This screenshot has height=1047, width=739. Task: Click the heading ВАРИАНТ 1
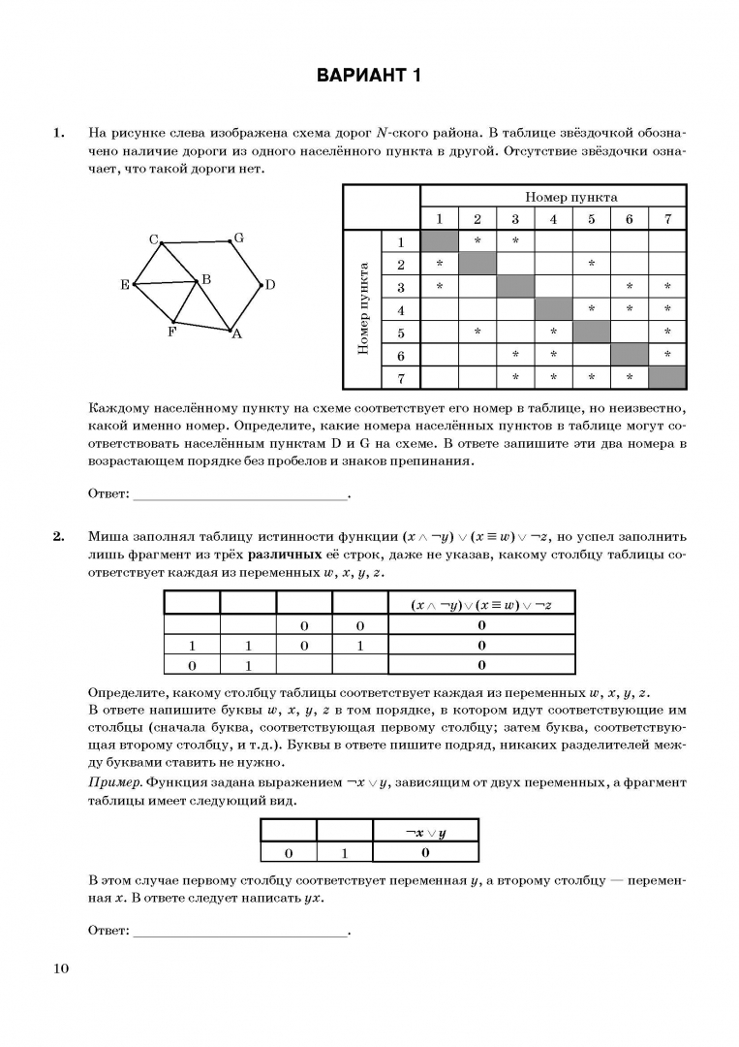[369, 77]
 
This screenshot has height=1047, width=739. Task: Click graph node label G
[238, 238]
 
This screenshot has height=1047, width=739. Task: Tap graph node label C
[153, 239]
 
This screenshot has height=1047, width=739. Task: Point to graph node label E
[125, 285]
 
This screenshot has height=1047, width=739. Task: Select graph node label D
[270, 285]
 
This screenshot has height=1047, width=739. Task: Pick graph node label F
[171, 331]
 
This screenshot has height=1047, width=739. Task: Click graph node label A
[235, 334]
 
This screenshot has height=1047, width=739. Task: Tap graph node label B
[206, 279]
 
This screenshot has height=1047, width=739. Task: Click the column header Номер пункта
[571, 197]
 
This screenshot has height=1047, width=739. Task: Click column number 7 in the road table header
[667, 219]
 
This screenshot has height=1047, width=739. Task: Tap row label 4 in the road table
[400, 309]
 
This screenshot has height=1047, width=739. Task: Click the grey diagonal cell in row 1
[439, 241]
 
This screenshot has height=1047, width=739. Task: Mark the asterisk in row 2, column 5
[591, 264]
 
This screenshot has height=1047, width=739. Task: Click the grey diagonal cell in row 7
[667, 377]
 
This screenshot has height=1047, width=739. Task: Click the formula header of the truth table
[480, 604]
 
